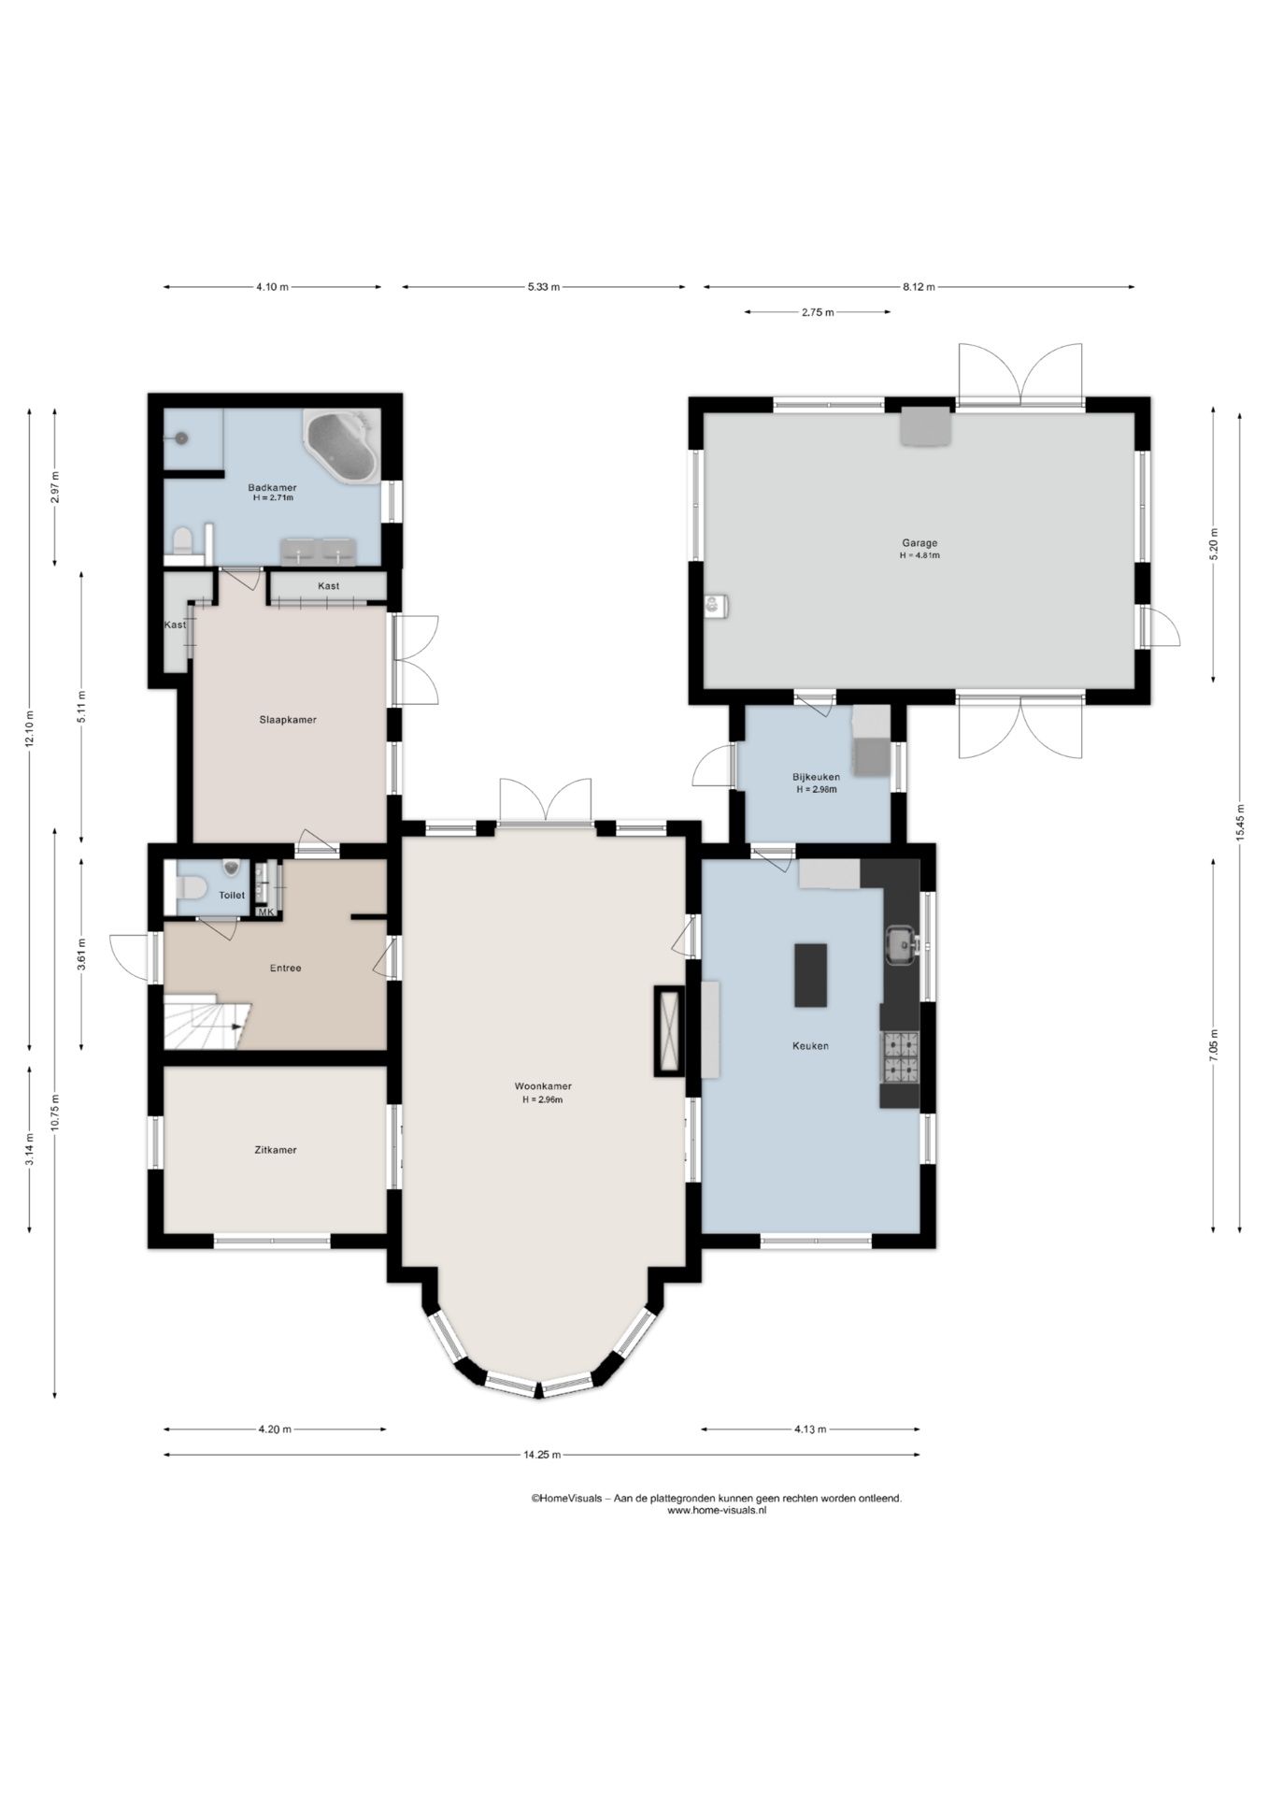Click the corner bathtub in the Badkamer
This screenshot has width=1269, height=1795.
[x=342, y=447]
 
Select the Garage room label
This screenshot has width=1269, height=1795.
[x=920, y=542]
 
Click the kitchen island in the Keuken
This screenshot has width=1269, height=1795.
[x=810, y=975]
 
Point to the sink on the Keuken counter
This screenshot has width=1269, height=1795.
[x=901, y=944]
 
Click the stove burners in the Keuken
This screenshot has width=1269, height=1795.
[x=899, y=1056]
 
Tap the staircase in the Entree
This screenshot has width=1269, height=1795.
[x=207, y=1024]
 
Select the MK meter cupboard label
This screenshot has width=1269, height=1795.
[x=265, y=912]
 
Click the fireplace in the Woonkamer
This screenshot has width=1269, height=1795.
[x=669, y=1031]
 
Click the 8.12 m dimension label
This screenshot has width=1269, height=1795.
[x=919, y=287]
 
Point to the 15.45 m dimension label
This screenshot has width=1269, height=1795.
[x=1240, y=823]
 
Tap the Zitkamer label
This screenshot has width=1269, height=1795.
[x=276, y=1150]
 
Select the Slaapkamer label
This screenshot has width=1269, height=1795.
[x=288, y=720]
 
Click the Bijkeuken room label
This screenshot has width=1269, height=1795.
[x=816, y=777]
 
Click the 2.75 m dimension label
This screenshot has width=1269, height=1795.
[x=817, y=312]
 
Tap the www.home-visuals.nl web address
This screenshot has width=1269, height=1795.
[x=717, y=1510]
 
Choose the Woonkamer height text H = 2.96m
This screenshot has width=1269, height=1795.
[x=543, y=1100]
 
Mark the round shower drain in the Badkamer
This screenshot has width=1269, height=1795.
[x=181, y=437]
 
